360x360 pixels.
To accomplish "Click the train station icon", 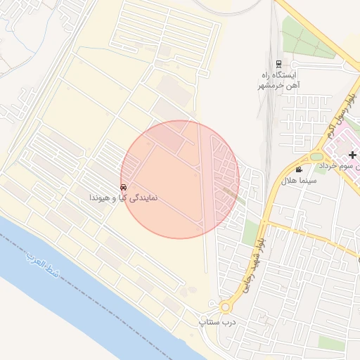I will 278,63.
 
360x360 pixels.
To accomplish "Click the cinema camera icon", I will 300,169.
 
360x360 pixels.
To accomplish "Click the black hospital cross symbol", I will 352,154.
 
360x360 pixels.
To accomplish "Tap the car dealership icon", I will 124,188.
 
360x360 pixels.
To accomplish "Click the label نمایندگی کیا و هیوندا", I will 123,198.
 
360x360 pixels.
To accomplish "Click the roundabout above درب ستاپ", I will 225,307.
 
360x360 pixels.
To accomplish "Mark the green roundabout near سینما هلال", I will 316,156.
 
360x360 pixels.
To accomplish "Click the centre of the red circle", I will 180,179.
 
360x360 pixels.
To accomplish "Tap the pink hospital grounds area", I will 345,144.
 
